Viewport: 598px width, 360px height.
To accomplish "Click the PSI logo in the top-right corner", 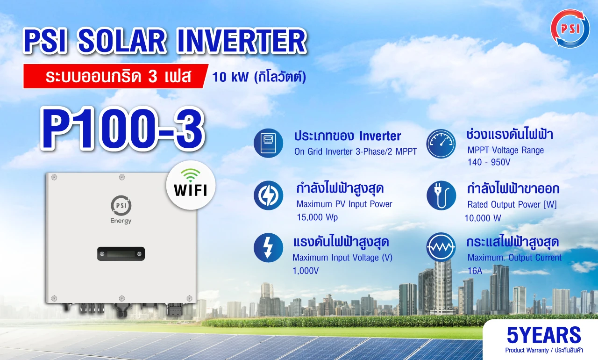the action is (570, 29).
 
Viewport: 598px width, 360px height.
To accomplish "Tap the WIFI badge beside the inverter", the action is (191, 185).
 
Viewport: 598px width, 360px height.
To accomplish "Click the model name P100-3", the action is (122, 129).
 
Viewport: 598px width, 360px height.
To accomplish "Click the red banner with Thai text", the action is (115, 76).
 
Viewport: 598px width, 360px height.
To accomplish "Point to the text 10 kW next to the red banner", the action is (230, 77).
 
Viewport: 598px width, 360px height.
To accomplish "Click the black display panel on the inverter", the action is (121, 254).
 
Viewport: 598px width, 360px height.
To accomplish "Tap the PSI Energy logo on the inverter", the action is (121, 209).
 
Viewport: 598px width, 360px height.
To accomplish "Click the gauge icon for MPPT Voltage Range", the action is (441, 144).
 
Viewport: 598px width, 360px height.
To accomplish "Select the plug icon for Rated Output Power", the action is (441, 195).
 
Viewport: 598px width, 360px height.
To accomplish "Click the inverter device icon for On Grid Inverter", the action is (268, 143).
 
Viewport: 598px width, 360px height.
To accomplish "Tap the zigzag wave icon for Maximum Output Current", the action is (441, 247).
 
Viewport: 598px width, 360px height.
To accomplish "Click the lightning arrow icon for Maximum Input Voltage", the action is (268, 248).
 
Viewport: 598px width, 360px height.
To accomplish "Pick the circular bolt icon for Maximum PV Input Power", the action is (268, 195).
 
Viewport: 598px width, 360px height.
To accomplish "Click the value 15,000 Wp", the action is (317, 217).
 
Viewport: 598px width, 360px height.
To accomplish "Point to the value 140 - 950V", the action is (489, 162).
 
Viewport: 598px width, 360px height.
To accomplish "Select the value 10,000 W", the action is (483, 218).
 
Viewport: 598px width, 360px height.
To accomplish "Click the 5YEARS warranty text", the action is (544, 335).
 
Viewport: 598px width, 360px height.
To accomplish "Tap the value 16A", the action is (475, 271).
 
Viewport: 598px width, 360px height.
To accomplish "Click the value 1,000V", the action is (306, 271).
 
